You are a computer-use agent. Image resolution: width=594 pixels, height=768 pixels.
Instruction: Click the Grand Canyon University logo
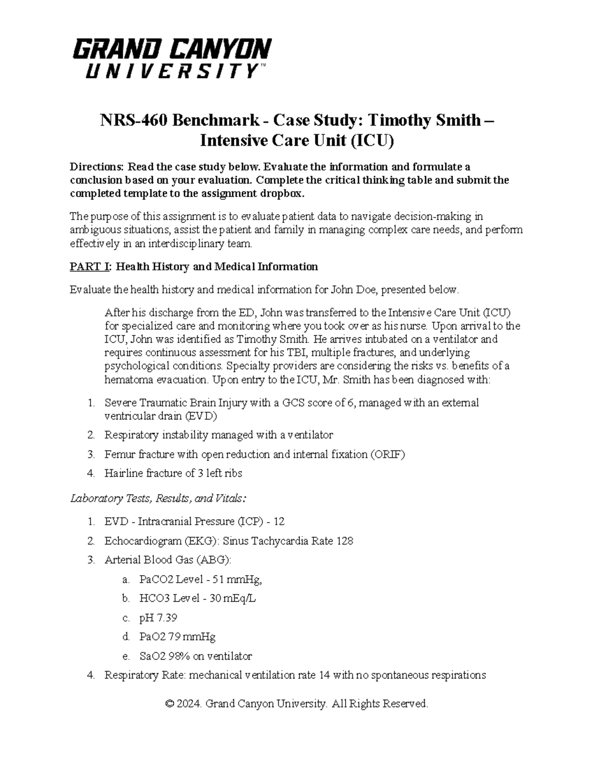point(172,58)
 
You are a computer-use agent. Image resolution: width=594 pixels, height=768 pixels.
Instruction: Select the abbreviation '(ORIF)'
point(388,454)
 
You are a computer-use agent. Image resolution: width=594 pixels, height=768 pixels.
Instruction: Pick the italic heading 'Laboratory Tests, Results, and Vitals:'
point(158,498)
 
